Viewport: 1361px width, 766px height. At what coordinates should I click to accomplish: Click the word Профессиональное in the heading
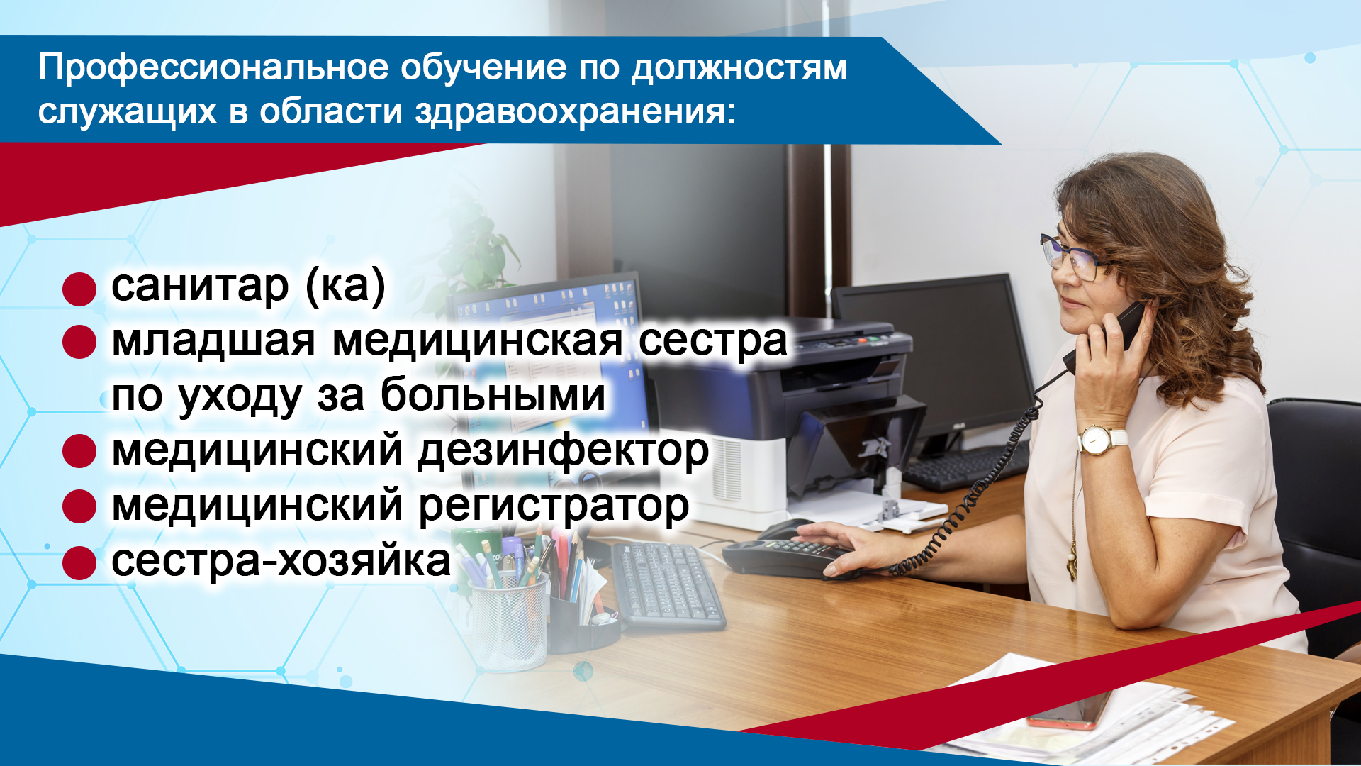(x=213, y=69)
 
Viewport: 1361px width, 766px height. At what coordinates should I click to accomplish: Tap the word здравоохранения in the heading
(x=573, y=112)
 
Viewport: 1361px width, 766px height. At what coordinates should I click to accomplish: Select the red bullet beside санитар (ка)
(x=79, y=289)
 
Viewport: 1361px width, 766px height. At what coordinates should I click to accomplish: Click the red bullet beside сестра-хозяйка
(x=79, y=563)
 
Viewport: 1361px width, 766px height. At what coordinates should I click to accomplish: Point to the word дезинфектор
(x=563, y=452)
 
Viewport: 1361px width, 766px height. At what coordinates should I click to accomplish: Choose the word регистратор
(x=554, y=507)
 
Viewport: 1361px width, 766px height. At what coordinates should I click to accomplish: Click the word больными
(x=493, y=395)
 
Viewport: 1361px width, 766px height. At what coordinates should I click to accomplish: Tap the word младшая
(x=213, y=340)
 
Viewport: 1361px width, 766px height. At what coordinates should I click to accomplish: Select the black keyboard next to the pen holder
(x=666, y=585)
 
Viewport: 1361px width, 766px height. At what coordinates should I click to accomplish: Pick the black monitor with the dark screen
(x=936, y=355)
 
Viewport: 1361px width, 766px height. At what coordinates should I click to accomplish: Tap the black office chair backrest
(x=1318, y=496)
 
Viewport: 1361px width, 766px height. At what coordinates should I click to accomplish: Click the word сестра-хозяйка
(x=281, y=562)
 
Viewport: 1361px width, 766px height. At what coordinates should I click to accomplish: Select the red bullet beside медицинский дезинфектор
(x=79, y=452)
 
